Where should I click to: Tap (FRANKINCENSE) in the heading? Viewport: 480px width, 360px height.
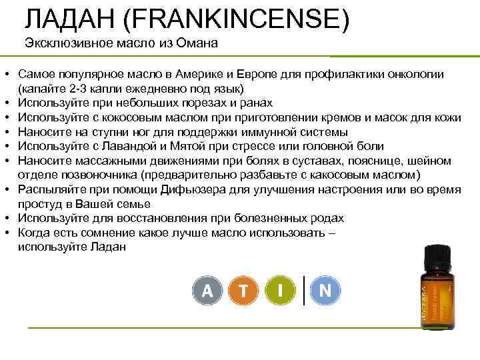(x=236, y=19)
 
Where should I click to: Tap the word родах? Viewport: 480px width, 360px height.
(x=329, y=218)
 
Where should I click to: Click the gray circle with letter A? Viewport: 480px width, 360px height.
(x=207, y=291)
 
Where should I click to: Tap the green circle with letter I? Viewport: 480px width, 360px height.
(x=282, y=291)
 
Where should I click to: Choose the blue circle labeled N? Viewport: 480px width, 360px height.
(x=325, y=291)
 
